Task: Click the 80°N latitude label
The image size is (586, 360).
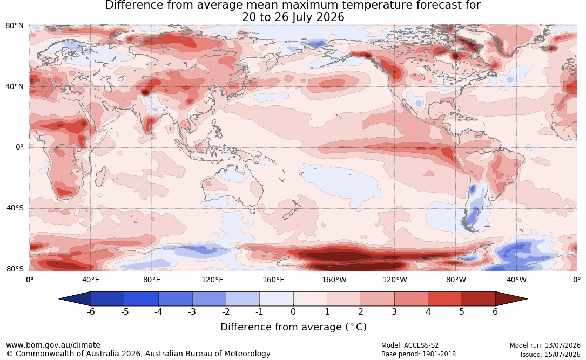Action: click(x=15, y=26)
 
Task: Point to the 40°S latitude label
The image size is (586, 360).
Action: click(x=15, y=208)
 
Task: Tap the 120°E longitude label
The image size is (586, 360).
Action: click(x=212, y=280)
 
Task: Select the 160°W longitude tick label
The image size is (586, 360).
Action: click(x=334, y=280)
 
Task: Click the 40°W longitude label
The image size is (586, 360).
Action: click(x=516, y=280)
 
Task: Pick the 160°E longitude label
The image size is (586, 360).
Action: click(x=273, y=280)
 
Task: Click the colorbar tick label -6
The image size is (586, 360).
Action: click(x=90, y=311)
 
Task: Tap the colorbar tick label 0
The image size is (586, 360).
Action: click(x=293, y=311)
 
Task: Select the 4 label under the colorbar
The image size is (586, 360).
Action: click(x=428, y=311)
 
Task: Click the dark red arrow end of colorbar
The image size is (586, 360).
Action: click(x=511, y=299)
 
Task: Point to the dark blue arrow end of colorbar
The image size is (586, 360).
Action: click(x=75, y=299)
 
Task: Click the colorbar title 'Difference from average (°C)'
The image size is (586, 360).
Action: click(x=293, y=327)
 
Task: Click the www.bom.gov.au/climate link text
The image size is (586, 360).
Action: click(x=53, y=345)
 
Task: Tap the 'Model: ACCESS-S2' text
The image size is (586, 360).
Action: click(x=409, y=345)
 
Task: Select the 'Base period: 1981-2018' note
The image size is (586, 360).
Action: click(x=418, y=354)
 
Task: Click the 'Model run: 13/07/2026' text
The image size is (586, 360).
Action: click(x=545, y=345)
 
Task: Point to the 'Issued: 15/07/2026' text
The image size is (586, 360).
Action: click(x=550, y=354)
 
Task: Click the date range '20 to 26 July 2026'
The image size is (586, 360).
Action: click(x=293, y=17)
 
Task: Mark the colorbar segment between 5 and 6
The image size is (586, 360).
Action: click(x=479, y=299)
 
